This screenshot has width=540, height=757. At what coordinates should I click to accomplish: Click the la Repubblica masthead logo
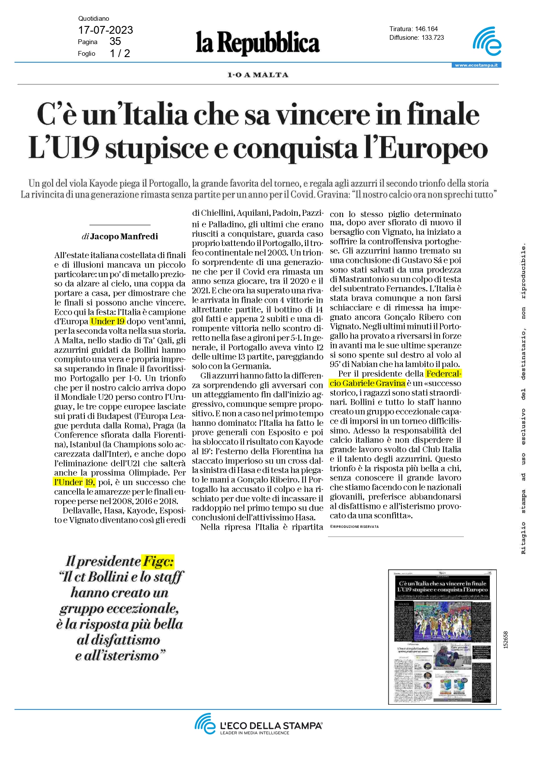coord(258,43)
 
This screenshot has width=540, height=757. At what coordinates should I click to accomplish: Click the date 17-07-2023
coord(105,30)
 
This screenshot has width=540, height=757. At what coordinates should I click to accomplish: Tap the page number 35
coord(115,42)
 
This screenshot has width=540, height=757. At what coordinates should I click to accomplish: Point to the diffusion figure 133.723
coord(433,38)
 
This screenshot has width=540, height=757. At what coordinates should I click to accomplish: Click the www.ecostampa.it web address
coord(476,65)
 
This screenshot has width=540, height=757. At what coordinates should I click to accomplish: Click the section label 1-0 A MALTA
coord(258,75)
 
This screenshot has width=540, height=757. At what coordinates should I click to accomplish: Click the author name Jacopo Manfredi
coord(124,236)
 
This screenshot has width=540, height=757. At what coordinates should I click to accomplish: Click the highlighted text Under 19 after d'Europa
coord(108,321)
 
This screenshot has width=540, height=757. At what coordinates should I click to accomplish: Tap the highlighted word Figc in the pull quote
coord(158,561)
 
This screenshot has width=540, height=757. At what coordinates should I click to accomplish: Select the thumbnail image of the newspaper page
coord(442,637)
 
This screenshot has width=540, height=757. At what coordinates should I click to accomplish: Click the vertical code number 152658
coord(505,640)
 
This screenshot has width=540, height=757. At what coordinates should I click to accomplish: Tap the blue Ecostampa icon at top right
coord(487,42)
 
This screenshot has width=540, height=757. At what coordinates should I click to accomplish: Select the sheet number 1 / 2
coord(120,53)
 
